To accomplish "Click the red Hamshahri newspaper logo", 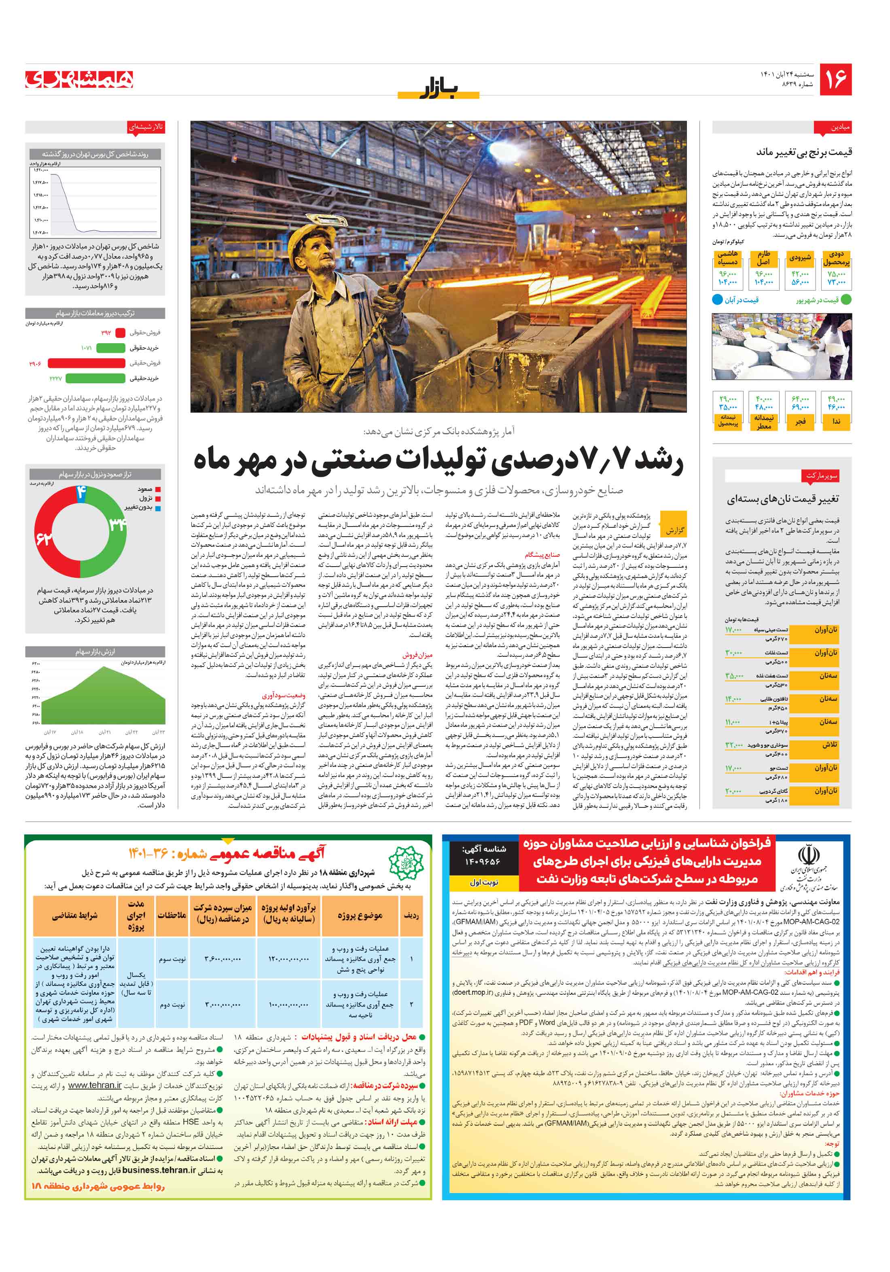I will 79,79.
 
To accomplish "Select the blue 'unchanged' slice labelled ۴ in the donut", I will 81,492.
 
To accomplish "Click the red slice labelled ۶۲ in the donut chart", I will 44,537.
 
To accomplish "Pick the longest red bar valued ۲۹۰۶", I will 87,363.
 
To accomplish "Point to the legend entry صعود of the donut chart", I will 145,489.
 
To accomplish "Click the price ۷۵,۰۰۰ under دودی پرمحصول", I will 836,274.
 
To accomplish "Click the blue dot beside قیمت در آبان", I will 717,300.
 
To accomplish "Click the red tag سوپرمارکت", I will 821,476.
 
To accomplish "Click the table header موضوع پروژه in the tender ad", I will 360,916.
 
